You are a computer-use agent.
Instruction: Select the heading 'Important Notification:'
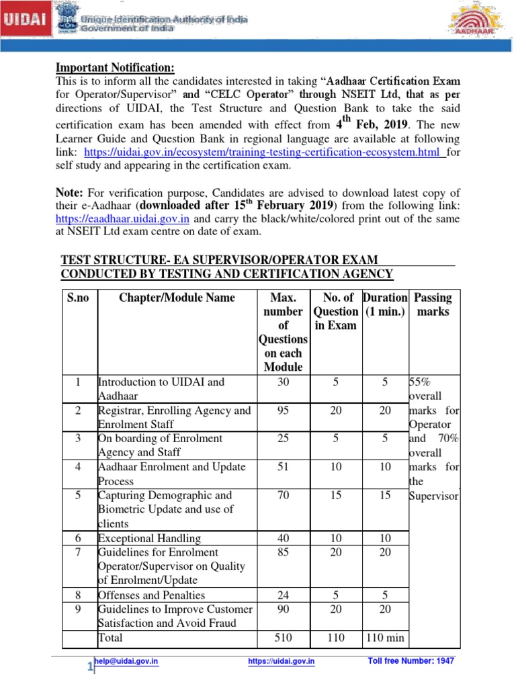(x=114, y=68)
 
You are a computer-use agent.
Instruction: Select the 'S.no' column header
(x=79, y=298)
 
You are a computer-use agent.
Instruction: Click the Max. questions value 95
(x=282, y=411)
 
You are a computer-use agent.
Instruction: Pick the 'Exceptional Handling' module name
(x=149, y=538)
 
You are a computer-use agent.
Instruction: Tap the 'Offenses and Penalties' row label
(x=152, y=595)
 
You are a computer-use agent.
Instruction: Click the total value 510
(x=282, y=638)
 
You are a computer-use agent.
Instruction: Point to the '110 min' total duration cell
(x=385, y=638)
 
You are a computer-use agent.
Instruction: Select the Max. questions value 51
(x=282, y=467)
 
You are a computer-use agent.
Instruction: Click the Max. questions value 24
(x=282, y=595)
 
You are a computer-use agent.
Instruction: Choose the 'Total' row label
(x=111, y=638)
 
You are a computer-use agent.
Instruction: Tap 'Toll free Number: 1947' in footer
(x=411, y=661)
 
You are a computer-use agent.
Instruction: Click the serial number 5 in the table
(x=78, y=496)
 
